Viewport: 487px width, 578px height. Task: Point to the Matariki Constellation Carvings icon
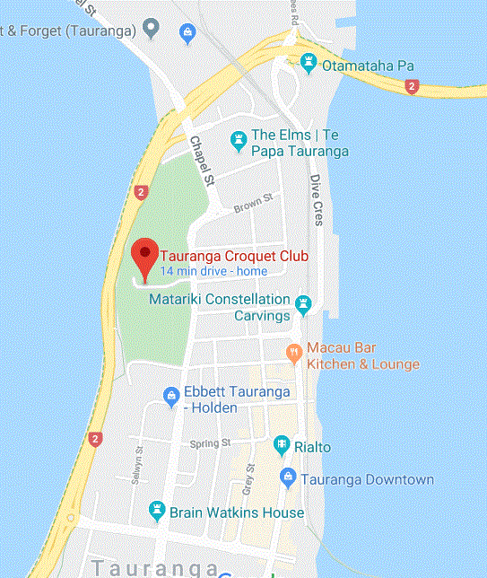(303, 306)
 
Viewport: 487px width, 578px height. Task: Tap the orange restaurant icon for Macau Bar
(293, 354)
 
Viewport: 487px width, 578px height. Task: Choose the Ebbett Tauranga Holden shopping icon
(170, 395)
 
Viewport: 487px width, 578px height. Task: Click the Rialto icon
(282, 446)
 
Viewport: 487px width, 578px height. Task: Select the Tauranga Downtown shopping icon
(288, 478)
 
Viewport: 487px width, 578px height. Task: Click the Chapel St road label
(204, 162)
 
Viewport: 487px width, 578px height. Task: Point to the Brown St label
(252, 207)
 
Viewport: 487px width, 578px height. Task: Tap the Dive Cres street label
(317, 200)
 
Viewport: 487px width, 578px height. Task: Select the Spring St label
(211, 443)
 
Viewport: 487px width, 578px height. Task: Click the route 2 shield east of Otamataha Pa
(412, 86)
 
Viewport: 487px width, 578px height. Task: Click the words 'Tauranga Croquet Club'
(233, 256)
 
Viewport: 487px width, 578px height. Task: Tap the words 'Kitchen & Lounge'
(362, 364)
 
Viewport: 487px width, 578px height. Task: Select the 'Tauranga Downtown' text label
(367, 479)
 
